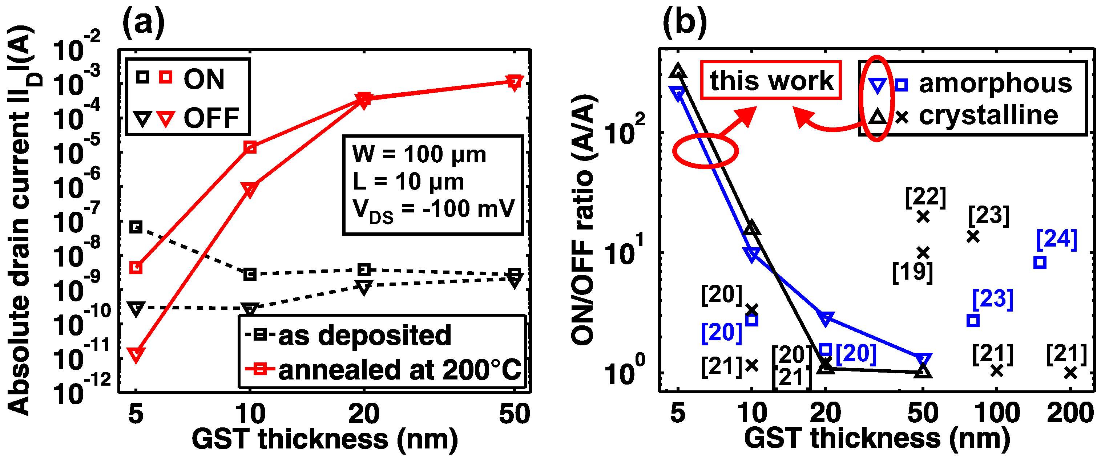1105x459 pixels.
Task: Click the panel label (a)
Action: pos(143,22)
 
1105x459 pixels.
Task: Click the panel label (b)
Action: pos(685,22)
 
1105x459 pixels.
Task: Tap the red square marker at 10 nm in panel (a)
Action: pos(250,147)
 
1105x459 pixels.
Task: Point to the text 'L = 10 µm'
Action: pos(408,182)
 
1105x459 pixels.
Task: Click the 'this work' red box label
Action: pos(771,80)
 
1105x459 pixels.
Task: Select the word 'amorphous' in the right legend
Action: pos(995,83)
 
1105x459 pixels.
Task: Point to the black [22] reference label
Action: pos(925,197)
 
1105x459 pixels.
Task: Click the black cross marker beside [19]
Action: pos(923,253)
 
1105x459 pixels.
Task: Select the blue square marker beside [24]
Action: pos(1040,262)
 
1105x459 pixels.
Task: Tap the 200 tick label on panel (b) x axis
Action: pos(1070,413)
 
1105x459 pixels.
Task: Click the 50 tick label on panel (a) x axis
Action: pos(514,414)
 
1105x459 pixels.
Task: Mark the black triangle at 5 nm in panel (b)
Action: pos(678,71)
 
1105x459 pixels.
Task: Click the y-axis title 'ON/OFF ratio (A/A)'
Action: pos(582,219)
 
